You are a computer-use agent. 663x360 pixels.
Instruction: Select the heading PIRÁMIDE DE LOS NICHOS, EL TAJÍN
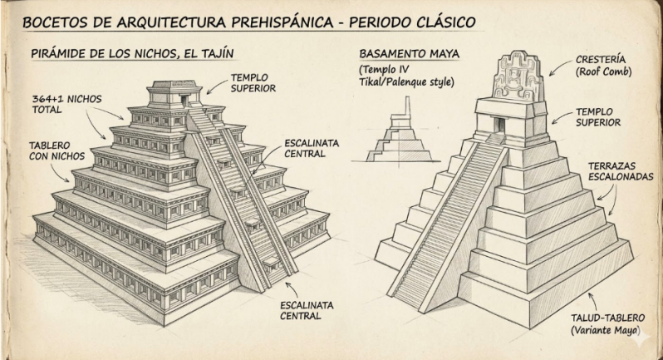132,54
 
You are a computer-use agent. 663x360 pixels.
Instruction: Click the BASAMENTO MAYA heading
409,54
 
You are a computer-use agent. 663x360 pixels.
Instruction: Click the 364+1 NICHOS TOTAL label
66,104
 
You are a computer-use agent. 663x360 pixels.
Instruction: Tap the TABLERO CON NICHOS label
56,151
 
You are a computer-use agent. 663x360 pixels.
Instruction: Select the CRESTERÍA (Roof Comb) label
603,66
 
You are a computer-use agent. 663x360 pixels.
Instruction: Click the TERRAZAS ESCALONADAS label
621,171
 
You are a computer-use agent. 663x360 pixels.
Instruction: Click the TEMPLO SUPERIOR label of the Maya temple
598,117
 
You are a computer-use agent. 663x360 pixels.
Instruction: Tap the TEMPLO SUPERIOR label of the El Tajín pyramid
253,83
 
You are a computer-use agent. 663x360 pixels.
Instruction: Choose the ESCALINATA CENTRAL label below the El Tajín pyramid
307,310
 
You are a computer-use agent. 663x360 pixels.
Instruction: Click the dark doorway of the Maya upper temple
500,125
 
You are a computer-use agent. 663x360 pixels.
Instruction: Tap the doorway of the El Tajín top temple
184,101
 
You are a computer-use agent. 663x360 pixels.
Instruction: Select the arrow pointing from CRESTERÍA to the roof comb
560,67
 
